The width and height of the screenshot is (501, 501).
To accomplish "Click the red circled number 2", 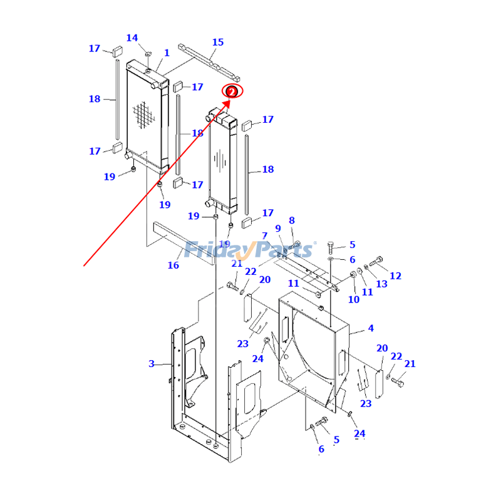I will click(232, 91).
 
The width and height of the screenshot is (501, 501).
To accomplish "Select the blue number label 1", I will click(167, 53).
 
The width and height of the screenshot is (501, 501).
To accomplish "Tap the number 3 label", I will click(151, 364).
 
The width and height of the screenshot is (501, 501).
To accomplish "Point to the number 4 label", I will click(371, 328).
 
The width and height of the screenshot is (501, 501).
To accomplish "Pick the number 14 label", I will click(132, 38).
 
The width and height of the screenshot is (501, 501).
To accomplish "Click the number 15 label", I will click(217, 43).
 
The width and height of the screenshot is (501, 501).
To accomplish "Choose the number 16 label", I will click(173, 266).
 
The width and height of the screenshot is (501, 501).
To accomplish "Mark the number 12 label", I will click(395, 276).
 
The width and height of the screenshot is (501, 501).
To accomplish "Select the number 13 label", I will click(381, 284).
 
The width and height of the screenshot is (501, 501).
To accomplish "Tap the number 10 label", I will click(354, 299).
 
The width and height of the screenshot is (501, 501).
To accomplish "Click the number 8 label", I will click(291, 220).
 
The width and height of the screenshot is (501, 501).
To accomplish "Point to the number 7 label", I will click(265, 236).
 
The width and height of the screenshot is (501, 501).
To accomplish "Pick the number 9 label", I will click(277, 229).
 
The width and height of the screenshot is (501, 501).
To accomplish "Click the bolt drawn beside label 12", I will click(376, 261).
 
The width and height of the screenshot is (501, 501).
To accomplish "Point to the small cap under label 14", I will click(148, 55).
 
